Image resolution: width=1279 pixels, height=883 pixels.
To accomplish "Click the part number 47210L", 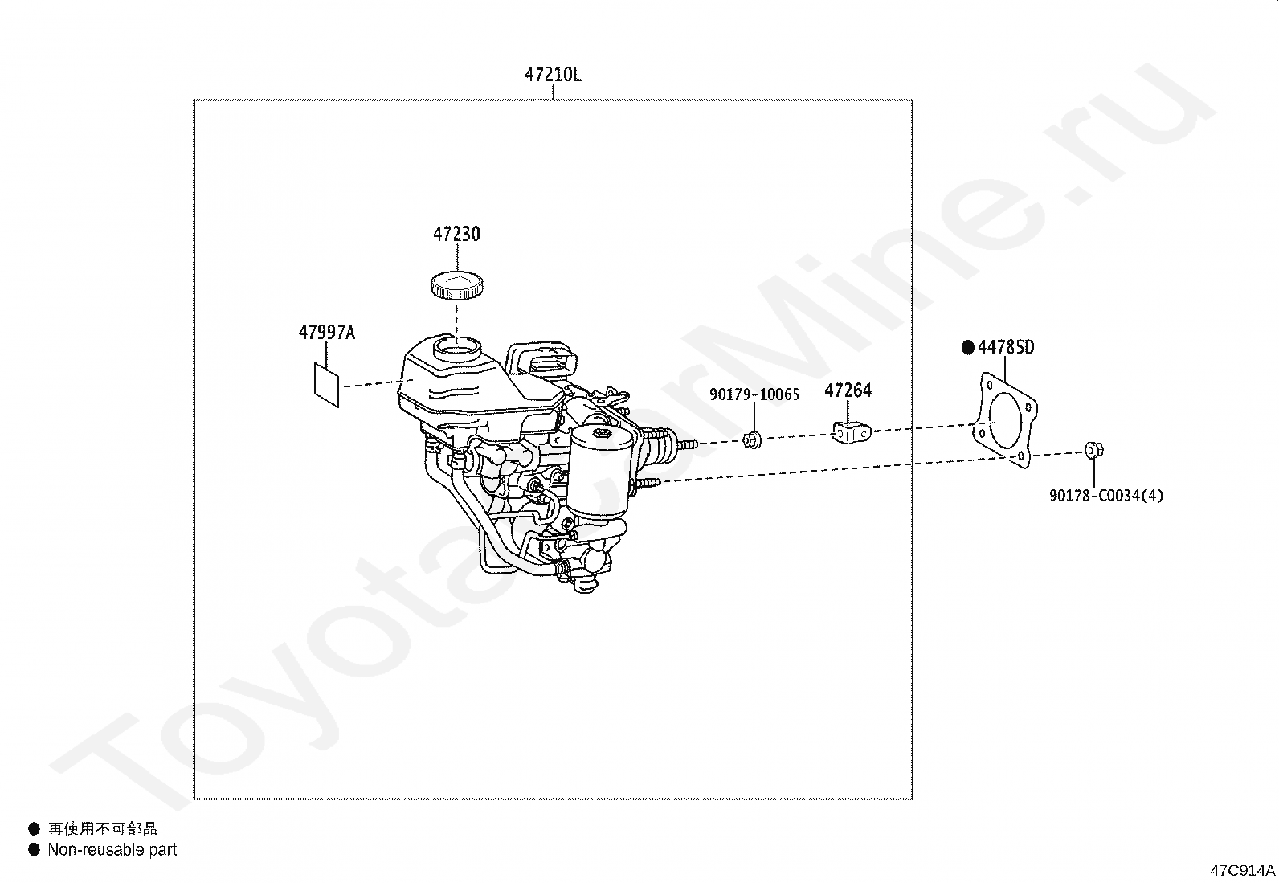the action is tap(553, 75).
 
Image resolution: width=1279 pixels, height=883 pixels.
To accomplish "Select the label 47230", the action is tap(457, 234).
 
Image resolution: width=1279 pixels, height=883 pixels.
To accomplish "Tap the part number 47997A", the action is tap(327, 333).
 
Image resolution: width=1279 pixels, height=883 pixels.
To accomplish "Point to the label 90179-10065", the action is tap(754, 394).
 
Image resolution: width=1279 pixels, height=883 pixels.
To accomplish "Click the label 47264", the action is tap(848, 390).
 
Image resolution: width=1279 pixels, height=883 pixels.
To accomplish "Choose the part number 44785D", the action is tap(1006, 347).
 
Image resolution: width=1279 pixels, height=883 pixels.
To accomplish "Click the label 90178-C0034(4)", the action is tap(1106, 496).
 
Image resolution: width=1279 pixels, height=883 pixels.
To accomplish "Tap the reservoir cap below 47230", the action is tap(457, 285).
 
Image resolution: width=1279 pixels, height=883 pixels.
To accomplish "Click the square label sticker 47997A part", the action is tap(327, 385).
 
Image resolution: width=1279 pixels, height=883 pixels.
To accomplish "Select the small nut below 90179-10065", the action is tap(753, 440).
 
